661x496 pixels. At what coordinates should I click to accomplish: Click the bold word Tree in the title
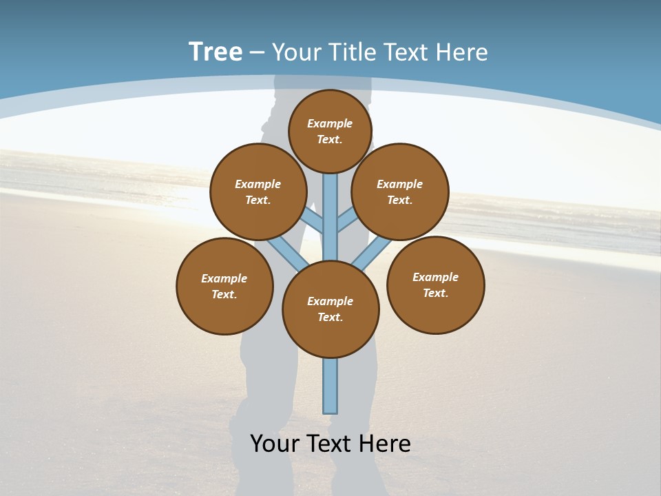pos(216,52)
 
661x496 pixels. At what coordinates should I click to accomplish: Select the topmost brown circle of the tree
pos(330,131)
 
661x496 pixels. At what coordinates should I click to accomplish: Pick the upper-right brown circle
pos(400,192)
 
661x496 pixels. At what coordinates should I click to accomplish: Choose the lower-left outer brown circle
pos(224,286)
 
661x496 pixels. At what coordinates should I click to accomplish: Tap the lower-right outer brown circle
pos(435,285)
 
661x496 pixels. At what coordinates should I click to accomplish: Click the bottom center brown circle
pos(330,309)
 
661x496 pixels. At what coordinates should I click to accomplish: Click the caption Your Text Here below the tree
pos(330,444)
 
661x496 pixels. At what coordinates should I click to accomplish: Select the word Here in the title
pos(463,52)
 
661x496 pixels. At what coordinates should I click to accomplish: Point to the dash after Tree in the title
pos(257,52)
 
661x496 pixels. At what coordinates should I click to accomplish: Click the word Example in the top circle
pos(330,123)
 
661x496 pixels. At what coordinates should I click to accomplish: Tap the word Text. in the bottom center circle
pos(330,317)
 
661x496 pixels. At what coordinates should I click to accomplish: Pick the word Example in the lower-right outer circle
pos(435,277)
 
